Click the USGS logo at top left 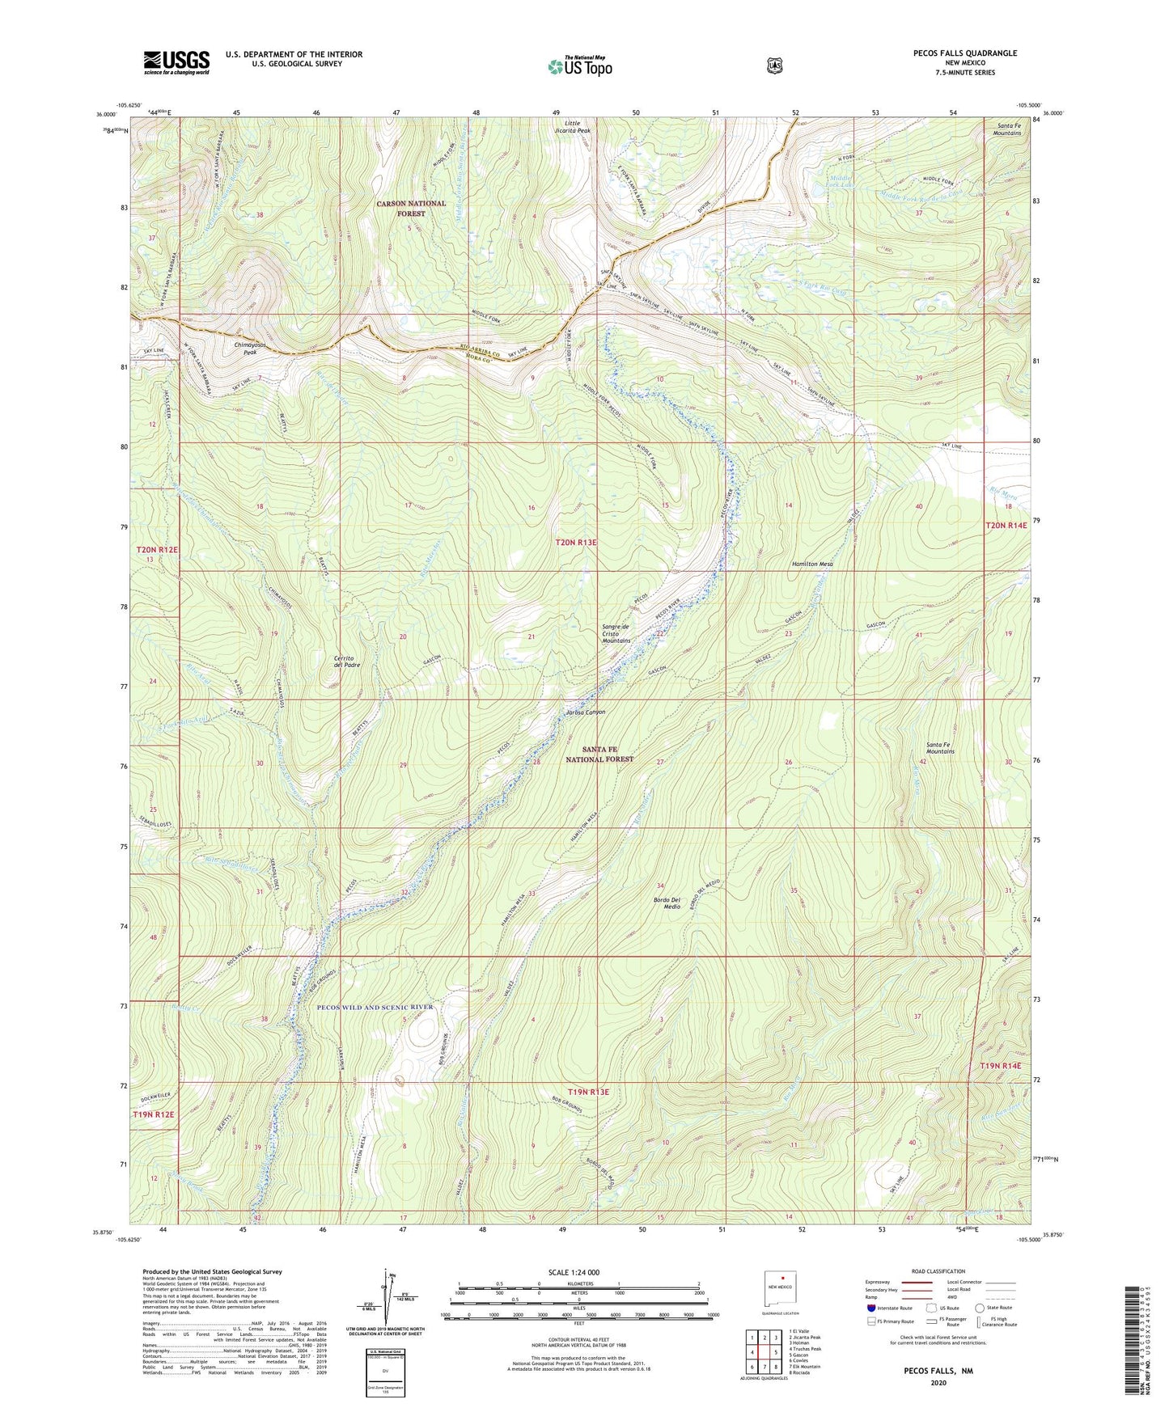click(x=176, y=62)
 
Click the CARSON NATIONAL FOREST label click(x=410, y=208)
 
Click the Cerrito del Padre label click(x=346, y=660)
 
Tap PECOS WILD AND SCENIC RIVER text click(x=375, y=1007)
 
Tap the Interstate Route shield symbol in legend click(x=870, y=1308)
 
